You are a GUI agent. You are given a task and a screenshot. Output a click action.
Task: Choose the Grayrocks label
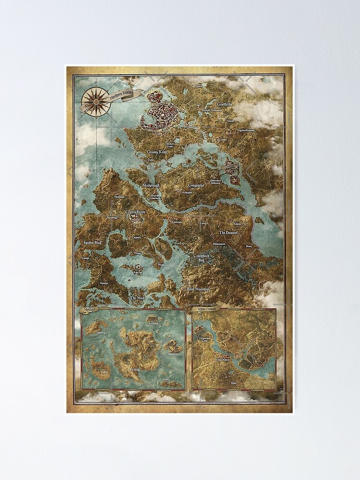tap(196, 185)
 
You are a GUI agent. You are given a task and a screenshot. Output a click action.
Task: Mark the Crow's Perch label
tap(135, 212)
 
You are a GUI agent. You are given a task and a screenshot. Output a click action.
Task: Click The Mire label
tap(137, 298)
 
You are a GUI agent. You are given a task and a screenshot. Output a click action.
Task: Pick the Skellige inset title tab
tap(89, 310)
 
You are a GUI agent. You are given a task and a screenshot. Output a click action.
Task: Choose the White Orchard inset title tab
tap(205, 310)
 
